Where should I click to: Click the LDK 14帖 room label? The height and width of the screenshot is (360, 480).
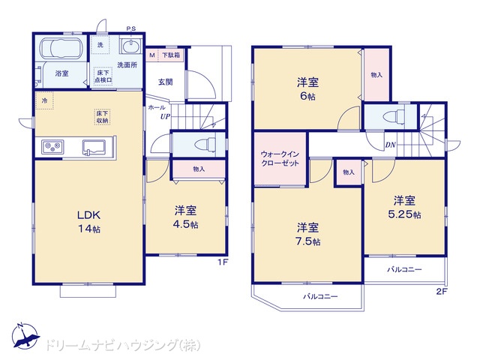click(x=88, y=222)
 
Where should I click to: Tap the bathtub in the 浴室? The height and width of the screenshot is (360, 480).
click(x=61, y=49)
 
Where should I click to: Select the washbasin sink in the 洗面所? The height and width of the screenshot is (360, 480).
click(x=130, y=46)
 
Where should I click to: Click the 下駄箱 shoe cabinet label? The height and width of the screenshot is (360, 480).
click(x=171, y=55)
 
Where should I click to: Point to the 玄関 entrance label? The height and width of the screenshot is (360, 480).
click(x=165, y=82)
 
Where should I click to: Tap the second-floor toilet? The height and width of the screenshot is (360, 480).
click(x=394, y=117)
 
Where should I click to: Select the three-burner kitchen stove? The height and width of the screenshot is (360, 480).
click(x=52, y=147)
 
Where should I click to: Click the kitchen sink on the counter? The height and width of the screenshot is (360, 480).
click(x=94, y=147)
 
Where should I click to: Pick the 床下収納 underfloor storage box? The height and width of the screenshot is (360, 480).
click(x=102, y=117)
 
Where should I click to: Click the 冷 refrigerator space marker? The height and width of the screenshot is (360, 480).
click(x=45, y=100)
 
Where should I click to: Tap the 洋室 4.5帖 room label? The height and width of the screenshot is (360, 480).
click(x=186, y=217)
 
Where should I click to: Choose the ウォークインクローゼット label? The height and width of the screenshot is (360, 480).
click(x=280, y=158)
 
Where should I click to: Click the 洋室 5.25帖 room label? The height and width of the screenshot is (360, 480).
click(x=404, y=208)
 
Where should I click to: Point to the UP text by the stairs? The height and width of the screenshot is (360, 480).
click(x=165, y=116)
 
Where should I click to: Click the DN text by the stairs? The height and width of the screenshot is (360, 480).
click(x=390, y=145)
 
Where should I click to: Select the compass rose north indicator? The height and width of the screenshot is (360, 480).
click(x=25, y=336)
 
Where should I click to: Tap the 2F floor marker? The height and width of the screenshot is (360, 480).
click(x=442, y=292)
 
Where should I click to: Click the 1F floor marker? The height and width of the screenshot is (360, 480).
click(x=223, y=262)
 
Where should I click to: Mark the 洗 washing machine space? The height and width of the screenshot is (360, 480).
click(x=100, y=45)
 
